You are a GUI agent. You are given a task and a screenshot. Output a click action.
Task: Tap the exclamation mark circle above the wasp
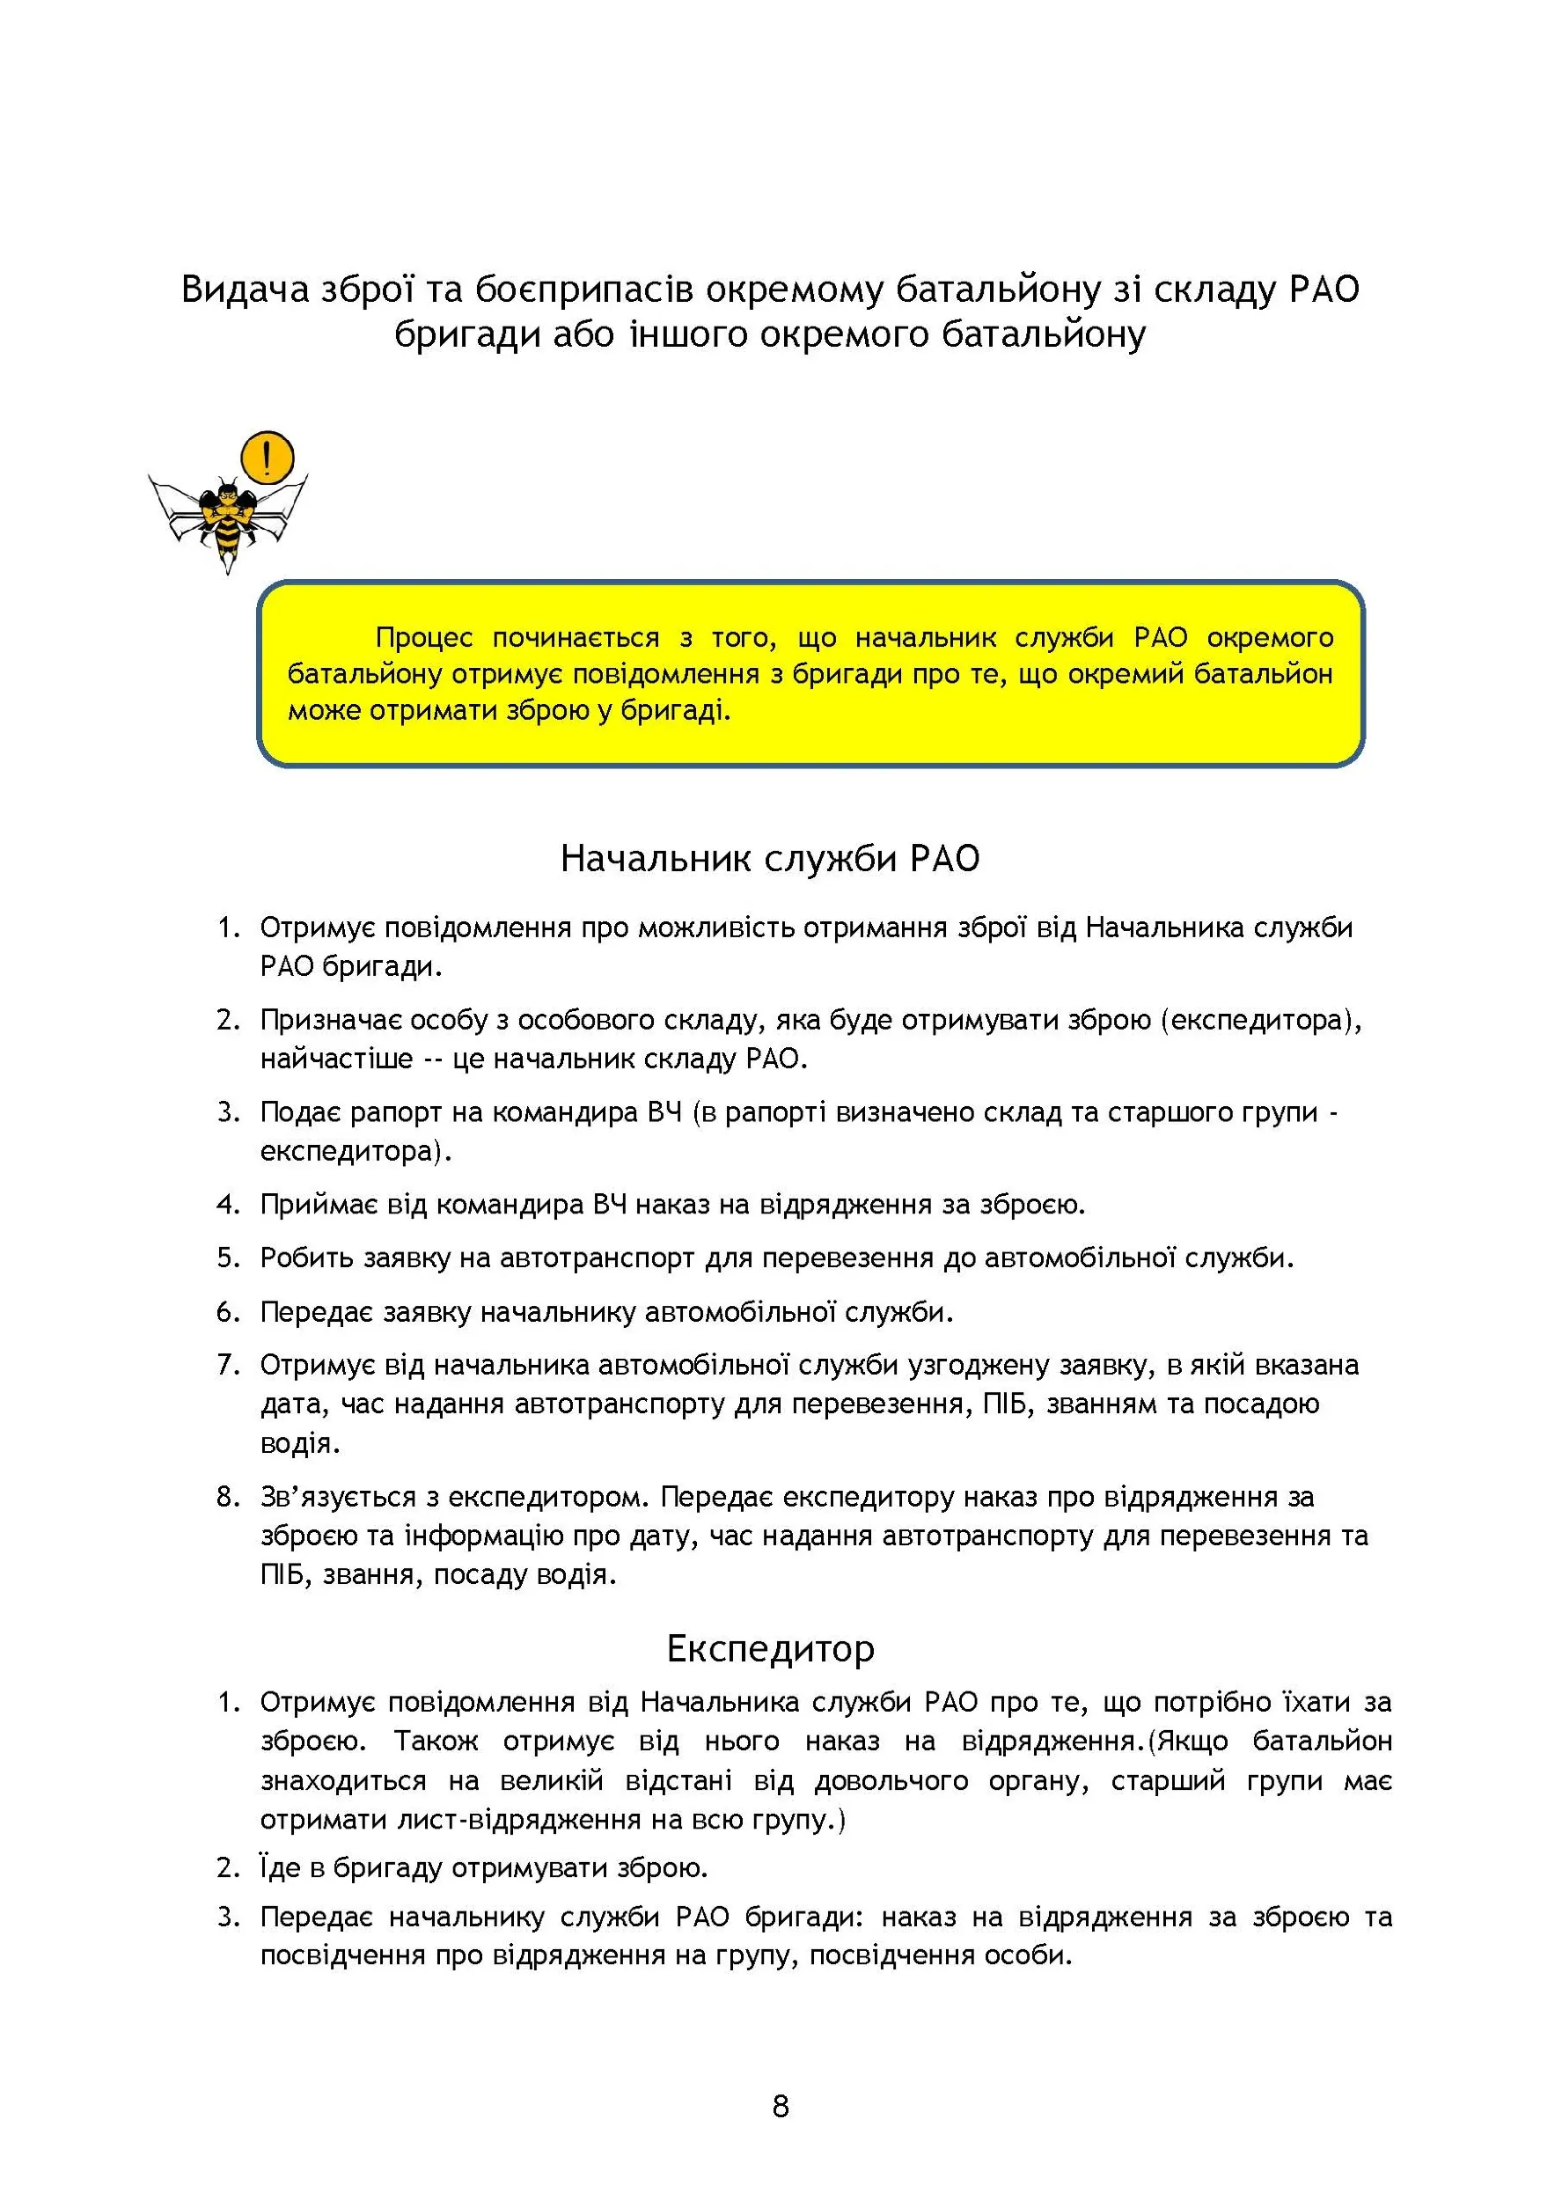(x=267, y=458)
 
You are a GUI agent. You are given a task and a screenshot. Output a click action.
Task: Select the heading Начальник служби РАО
(x=769, y=859)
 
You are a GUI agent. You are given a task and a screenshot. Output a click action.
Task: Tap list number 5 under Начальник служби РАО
(x=227, y=1258)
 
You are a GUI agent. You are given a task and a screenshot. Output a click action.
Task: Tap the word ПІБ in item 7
(x=1006, y=1404)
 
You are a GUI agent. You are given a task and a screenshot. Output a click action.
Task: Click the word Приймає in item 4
(x=319, y=1204)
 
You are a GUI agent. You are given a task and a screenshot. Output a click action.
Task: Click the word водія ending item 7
(x=299, y=1443)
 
